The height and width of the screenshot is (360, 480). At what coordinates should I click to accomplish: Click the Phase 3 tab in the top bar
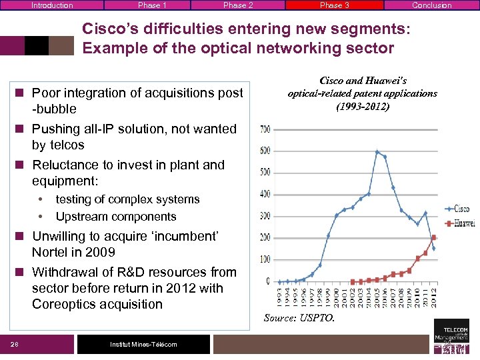[x=334, y=5]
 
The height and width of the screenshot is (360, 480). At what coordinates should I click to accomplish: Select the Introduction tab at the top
[x=51, y=5]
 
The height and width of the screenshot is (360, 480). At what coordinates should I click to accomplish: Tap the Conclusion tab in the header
[x=431, y=5]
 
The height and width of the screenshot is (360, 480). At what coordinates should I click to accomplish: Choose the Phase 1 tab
[x=152, y=5]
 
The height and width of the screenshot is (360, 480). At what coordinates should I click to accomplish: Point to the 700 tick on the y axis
[x=265, y=129]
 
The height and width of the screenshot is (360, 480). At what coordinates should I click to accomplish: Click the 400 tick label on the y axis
[x=265, y=194]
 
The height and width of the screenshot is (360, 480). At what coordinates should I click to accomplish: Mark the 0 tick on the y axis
[x=268, y=281]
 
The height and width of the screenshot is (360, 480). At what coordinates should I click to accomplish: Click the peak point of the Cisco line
[x=377, y=152]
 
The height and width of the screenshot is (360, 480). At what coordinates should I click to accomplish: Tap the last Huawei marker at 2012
[x=434, y=237]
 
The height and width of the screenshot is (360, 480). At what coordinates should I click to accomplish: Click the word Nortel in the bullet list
[x=49, y=253]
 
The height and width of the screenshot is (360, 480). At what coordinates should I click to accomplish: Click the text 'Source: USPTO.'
[x=299, y=318]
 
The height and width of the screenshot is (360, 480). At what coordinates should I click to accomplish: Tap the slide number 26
[x=14, y=344]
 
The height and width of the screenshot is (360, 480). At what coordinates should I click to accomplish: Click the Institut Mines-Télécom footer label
[x=143, y=344]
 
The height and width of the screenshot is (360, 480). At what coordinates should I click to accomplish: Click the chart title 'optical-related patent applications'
[x=362, y=93]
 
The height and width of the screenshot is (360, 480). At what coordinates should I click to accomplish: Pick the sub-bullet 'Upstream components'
[x=116, y=217]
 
